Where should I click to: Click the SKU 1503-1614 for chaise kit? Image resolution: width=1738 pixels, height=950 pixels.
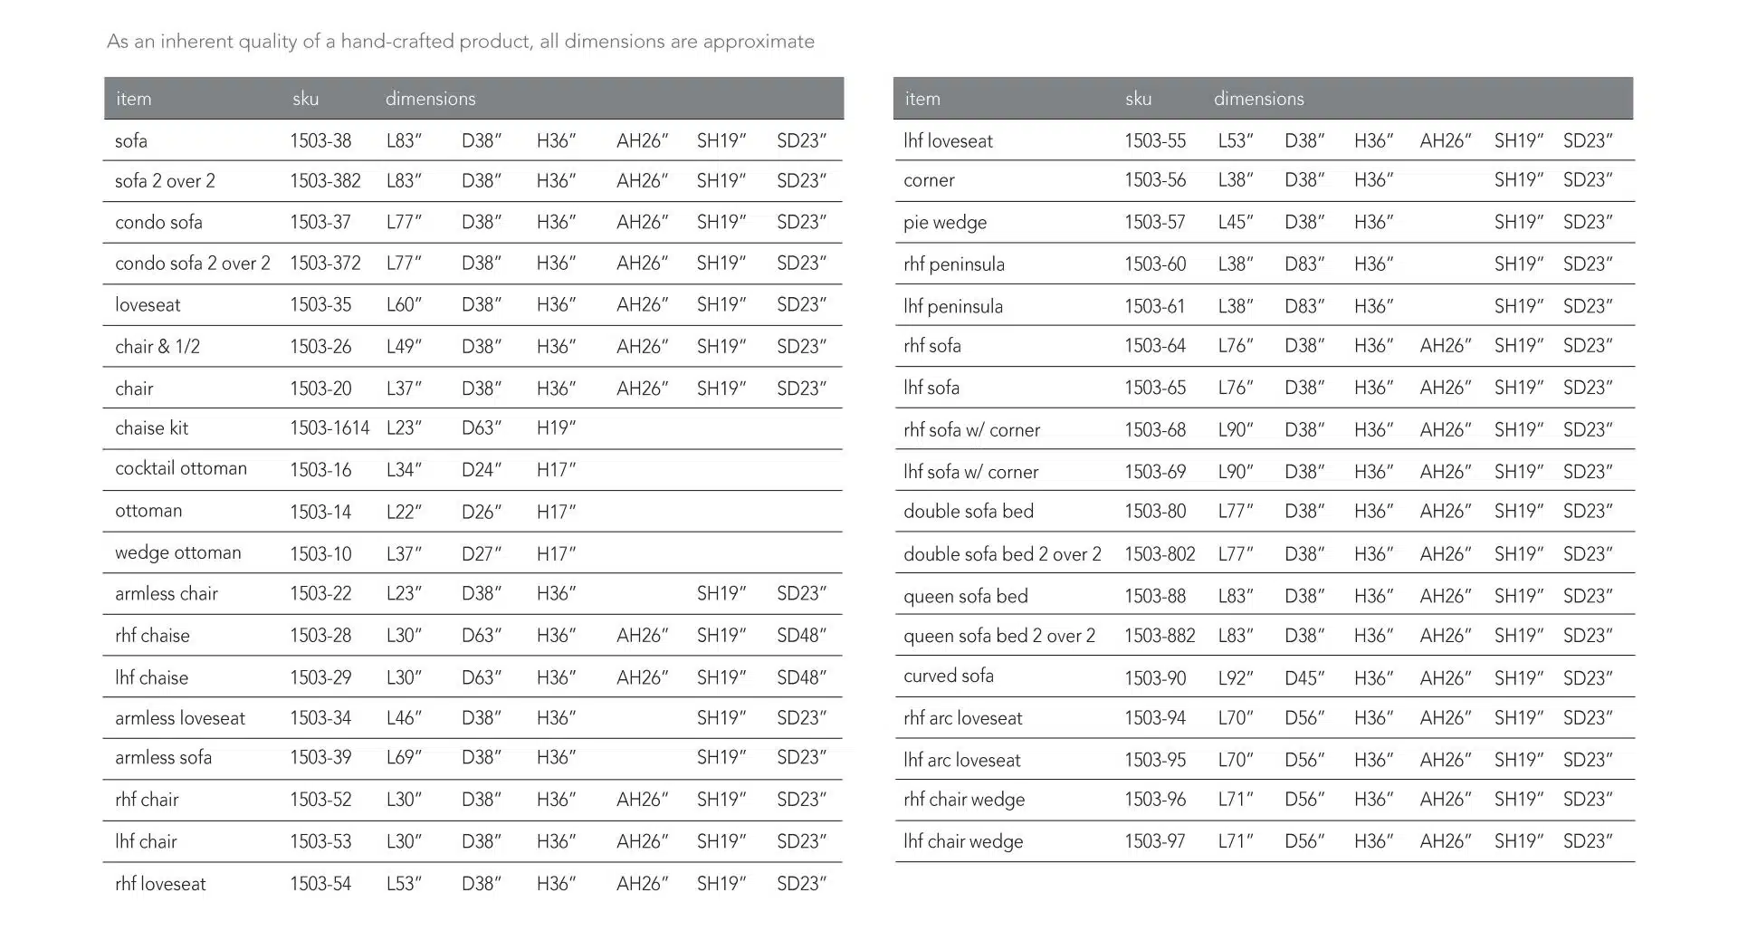coord(329,428)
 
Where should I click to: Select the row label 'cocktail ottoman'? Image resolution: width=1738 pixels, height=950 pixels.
coord(181,468)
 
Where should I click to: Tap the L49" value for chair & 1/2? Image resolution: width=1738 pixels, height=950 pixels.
coord(404,347)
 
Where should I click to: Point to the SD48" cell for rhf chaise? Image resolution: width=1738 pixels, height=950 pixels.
coord(801,636)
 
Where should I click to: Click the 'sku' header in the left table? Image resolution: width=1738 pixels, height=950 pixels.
coord(305,99)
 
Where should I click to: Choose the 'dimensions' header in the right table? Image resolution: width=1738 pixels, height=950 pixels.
coord(1258,99)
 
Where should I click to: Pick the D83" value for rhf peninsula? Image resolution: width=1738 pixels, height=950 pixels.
coord(1303,264)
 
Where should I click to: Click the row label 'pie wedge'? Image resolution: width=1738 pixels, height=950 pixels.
coord(945,223)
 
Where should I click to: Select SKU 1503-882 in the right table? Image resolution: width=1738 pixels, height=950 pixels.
coord(1160,636)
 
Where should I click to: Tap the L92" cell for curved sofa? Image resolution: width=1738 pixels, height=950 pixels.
coord(1235,678)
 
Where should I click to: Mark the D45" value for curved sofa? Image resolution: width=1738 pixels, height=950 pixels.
coord(1303,678)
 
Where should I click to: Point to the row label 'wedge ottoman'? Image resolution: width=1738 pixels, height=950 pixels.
coord(178,552)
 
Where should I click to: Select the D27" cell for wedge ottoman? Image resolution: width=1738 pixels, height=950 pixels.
coord(481,553)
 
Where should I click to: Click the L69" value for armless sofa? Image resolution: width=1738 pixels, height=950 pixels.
coord(404,757)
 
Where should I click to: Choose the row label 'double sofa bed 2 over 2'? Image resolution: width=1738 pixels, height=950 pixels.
coord(1002,554)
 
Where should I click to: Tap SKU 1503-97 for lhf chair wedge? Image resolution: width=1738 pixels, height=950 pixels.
coord(1154,841)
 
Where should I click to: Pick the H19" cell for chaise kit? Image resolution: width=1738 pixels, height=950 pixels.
coord(556,428)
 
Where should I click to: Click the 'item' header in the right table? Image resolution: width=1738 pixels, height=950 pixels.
coord(922,99)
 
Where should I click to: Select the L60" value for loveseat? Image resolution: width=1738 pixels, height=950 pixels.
coord(404,305)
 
